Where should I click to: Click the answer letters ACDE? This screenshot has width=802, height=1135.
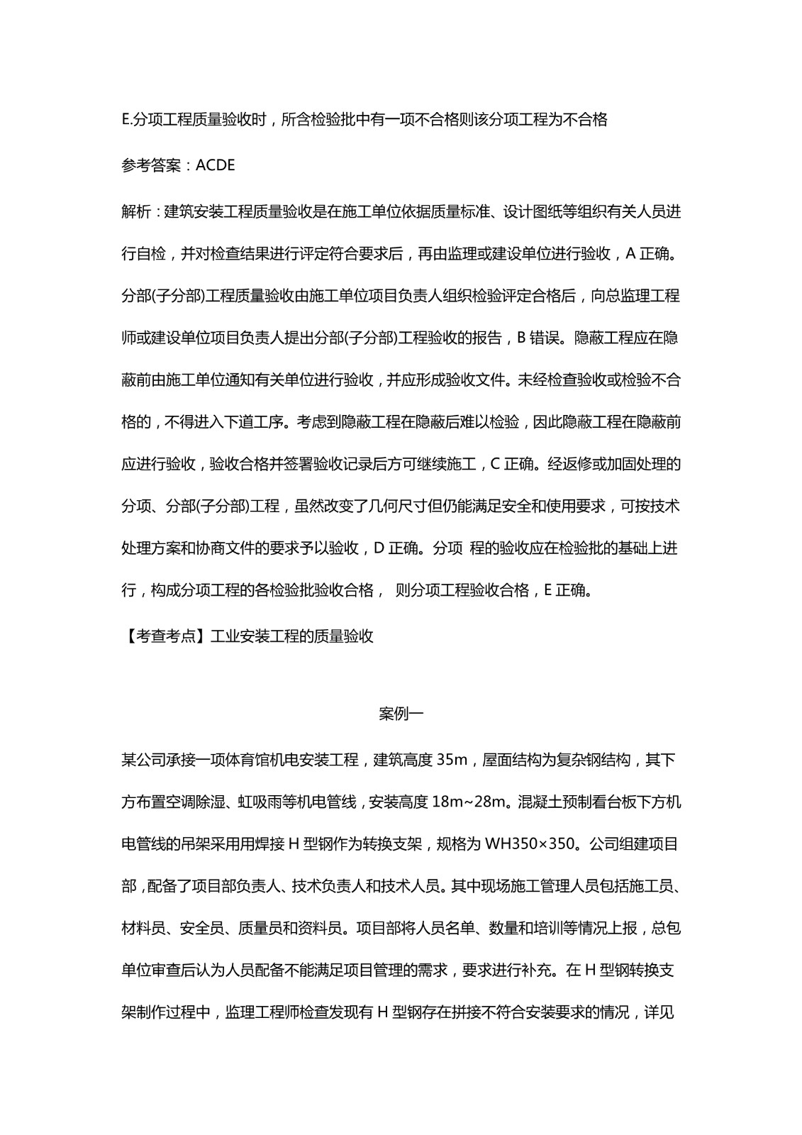pyautogui.click(x=215, y=166)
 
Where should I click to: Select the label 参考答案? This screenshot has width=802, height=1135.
pyautogui.click(x=150, y=166)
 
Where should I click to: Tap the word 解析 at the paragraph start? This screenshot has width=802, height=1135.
pyautogui.click(x=136, y=212)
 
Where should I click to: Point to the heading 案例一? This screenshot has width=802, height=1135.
pyautogui.click(x=401, y=714)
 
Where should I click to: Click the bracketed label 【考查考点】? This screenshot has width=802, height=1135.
pyautogui.click(x=165, y=636)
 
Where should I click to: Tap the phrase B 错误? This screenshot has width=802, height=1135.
pyautogui.click(x=542, y=338)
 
